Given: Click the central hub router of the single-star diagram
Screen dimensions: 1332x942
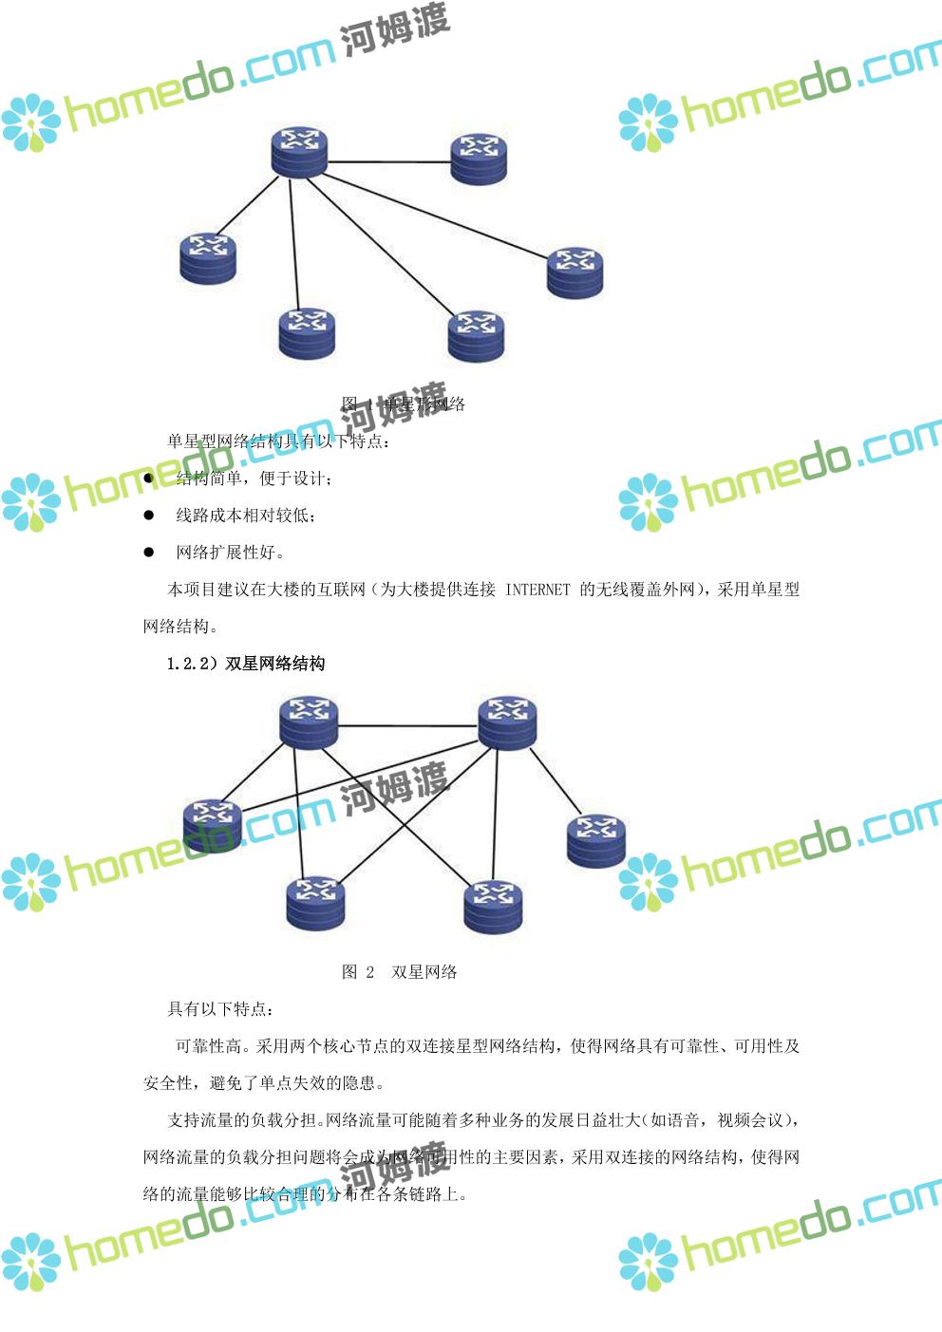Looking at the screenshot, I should click(x=298, y=153).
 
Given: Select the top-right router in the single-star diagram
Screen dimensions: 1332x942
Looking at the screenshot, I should click(x=478, y=159).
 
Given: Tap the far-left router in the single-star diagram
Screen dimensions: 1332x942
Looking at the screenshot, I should click(x=208, y=258).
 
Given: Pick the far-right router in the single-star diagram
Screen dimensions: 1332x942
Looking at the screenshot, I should click(x=575, y=272).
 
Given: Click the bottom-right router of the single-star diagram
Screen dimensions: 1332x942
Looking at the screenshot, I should click(x=476, y=336).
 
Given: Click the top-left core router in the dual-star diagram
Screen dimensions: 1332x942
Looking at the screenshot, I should click(x=309, y=722).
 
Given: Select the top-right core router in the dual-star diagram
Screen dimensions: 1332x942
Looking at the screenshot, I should click(x=507, y=722).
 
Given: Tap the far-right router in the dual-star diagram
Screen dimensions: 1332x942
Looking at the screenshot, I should click(x=596, y=841).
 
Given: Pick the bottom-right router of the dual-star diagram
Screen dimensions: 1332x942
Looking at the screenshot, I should click(x=493, y=907).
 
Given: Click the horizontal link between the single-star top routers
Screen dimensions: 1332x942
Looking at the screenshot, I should click(x=387, y=162).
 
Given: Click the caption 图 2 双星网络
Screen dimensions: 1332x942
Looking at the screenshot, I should click(x=400, y=972).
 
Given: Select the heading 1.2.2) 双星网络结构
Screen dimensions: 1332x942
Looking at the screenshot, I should click(x=246, y=664).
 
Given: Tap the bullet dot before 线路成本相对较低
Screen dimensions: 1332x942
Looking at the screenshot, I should click(x=149, y=516).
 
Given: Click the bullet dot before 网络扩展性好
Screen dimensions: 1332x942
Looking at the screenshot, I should click(x=149, y=553).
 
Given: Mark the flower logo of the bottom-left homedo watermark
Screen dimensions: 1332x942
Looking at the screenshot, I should click(x=30, y=1262).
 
